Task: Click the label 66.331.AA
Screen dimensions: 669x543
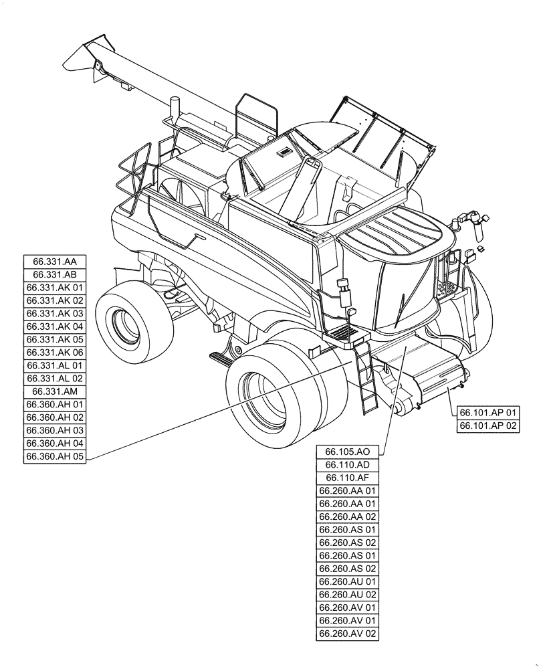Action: (x=55, y=262)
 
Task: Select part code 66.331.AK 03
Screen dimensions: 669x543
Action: (x=55, y=314)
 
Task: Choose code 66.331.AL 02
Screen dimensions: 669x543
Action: (x=55, y=379)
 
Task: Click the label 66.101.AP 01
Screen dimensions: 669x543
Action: (x=489, y=412)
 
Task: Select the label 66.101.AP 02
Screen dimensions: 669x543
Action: (x=489, y=425)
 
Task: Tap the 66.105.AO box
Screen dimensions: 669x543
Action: (x=348, y=452)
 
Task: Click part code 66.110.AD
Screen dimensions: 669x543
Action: (x=348, y=465)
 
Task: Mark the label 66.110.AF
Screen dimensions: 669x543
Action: (x=348, y=478)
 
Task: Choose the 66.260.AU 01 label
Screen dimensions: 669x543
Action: (x=348, y=582)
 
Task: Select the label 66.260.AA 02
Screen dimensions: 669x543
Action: (x=348, y=517)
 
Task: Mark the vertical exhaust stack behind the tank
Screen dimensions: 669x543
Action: (x=177, y=107)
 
